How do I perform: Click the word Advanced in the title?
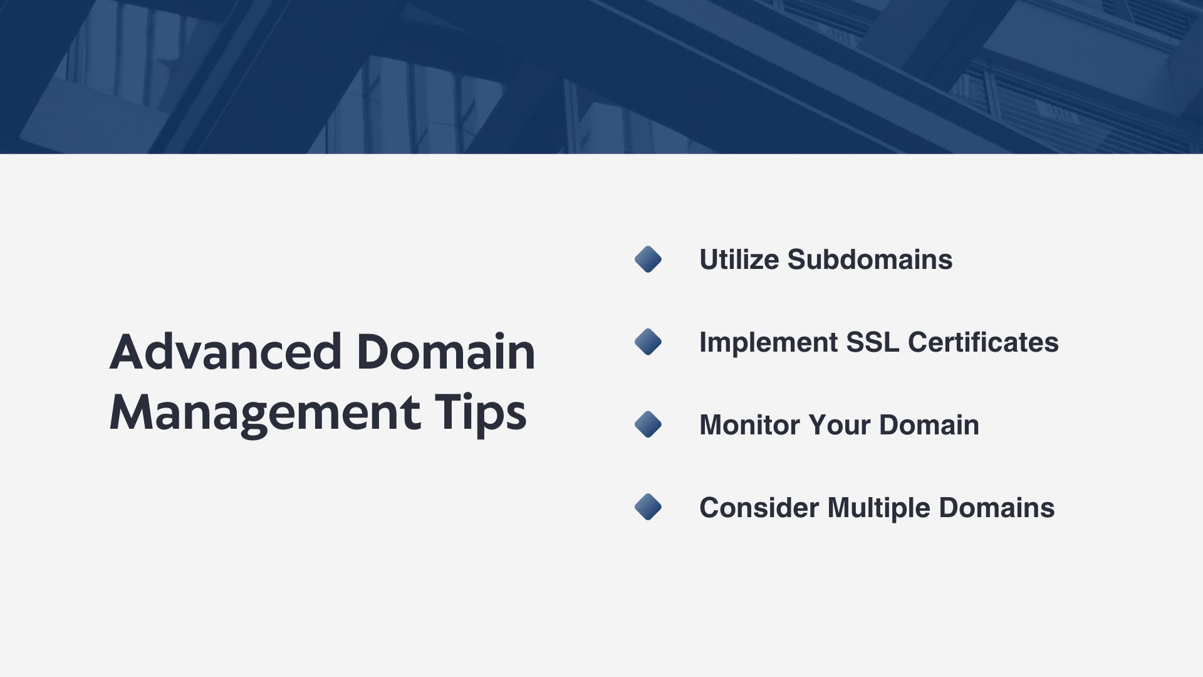(226, 352)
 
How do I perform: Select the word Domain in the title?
(446, 352)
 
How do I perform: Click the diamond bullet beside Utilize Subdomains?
(648, 260)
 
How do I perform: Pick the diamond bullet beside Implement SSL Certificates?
(648, 342)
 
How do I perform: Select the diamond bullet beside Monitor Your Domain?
(648, 425)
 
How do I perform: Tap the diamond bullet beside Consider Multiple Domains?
(648, 508)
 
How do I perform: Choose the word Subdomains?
(870, 260)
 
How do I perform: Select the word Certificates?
(983, 342)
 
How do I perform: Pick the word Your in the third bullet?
(840, 425)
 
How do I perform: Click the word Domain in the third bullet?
(929, 425)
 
